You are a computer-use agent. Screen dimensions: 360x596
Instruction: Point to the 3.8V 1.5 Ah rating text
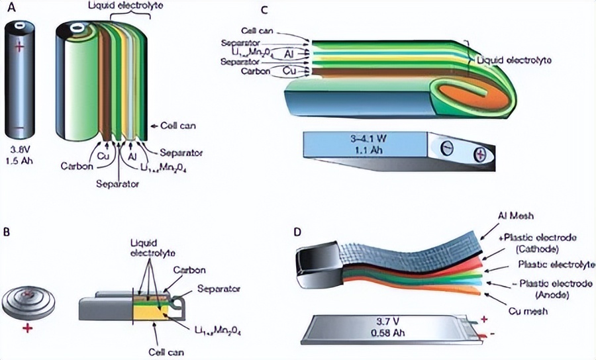click(21, 150)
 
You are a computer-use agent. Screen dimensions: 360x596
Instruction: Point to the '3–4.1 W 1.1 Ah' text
click(364, 145)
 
